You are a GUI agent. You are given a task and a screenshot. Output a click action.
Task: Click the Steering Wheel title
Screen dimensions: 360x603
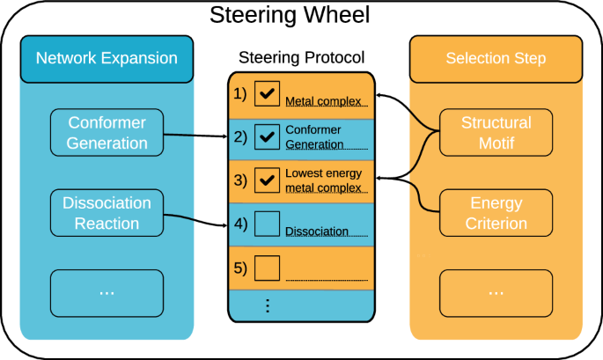(x=301, y=16)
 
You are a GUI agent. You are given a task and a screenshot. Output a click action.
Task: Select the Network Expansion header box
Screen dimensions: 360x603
(x=107, y=59)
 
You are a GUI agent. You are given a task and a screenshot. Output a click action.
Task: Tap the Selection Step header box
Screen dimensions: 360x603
(x=496, y=59)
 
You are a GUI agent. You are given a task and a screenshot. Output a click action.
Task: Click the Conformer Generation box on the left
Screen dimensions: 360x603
(x=107, y=132)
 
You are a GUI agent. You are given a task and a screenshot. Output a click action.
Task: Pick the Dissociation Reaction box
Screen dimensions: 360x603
(x=107, y=213)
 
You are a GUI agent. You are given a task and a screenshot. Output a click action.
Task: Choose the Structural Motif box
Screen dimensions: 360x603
(x=496, y=132)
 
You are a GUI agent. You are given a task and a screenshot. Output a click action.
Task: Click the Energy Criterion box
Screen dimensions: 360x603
(x=496, y=213)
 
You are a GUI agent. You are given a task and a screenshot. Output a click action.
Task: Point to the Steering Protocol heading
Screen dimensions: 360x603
(x=302, y=59)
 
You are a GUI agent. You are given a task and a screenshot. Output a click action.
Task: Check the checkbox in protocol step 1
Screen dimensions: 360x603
(x=267, y=94)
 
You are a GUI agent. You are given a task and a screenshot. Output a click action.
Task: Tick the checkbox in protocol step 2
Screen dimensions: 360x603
(x=267, y=137)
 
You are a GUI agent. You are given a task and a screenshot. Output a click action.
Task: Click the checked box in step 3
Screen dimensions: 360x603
(x=267, y=180)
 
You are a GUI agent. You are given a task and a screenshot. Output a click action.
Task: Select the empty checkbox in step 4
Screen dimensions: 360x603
(x=267, y=224)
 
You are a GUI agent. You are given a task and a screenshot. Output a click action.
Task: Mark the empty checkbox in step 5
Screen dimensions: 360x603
(x=267, y=267)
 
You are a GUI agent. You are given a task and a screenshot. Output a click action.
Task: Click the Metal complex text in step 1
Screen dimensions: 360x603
(x=322, y=101)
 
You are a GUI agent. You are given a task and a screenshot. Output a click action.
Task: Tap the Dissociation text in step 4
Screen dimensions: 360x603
(x=317, y=232)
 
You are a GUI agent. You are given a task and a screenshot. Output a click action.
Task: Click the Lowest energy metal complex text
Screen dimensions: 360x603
(x=323, y=180)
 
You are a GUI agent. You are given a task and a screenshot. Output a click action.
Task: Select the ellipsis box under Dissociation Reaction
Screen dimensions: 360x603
(x=107, y=293)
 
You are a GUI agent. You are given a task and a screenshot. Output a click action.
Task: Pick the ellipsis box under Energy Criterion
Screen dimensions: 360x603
(x=496, y=293)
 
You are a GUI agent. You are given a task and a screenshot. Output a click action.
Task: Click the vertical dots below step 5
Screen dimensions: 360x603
(x=267, y=306)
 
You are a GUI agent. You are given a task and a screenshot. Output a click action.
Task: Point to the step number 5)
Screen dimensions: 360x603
(x=240, y=267)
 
